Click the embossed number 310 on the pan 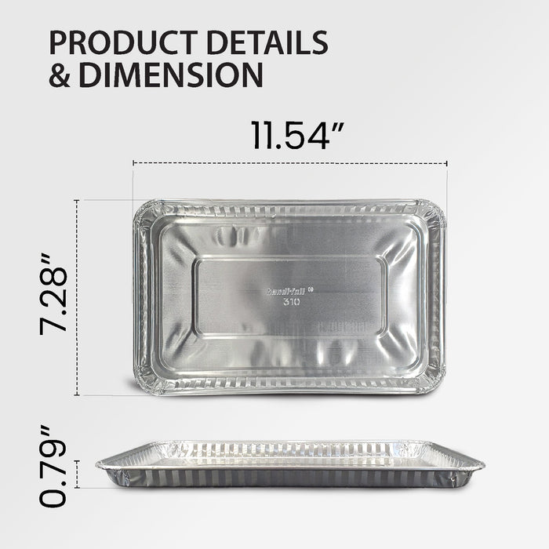tap(291, 302)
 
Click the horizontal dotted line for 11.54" tap(290, 163)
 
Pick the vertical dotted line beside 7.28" tap(77, 298)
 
